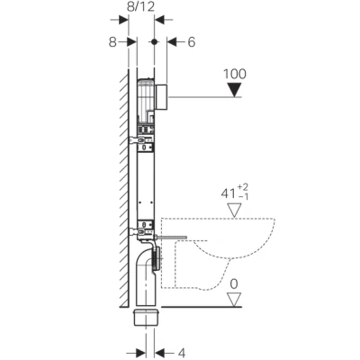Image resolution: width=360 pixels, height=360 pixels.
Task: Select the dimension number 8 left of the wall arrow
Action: (x=112, y=41)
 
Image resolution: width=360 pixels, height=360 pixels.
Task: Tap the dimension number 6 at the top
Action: (x=191, y=41)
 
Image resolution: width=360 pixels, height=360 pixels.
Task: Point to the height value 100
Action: (x=235, y=73)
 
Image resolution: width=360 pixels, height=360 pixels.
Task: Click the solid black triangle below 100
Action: (x=236, y=89)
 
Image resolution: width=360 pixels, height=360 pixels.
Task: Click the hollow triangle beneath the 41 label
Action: (x=236, y=210)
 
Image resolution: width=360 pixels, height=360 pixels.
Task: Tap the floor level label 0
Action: (x=236, y=285)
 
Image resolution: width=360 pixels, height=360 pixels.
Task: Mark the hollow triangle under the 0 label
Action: (x=236, y=301)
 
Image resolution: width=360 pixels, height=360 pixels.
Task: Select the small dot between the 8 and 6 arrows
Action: (x=155, y=41)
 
